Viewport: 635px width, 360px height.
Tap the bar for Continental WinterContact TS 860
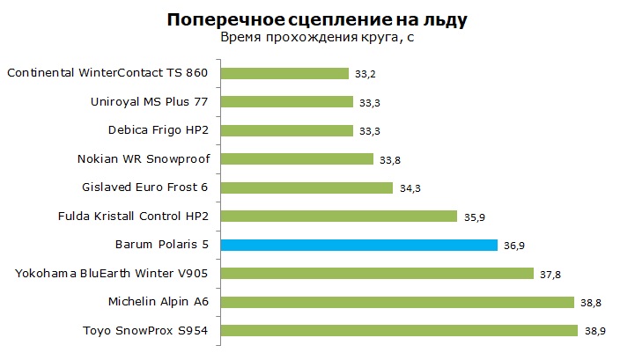pos(285,73)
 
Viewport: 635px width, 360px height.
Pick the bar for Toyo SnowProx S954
pos(398,331)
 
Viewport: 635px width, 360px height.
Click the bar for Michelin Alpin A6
pos(397,302)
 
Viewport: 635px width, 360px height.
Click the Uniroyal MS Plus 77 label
pos(154,102)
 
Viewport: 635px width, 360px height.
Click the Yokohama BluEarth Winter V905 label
pos(116,274)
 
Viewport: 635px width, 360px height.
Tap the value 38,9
pos(592,331)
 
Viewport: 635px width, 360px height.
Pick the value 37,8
pos(549,274)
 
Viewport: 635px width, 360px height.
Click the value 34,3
pos(410,188)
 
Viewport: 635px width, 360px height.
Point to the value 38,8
pos(591,303)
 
